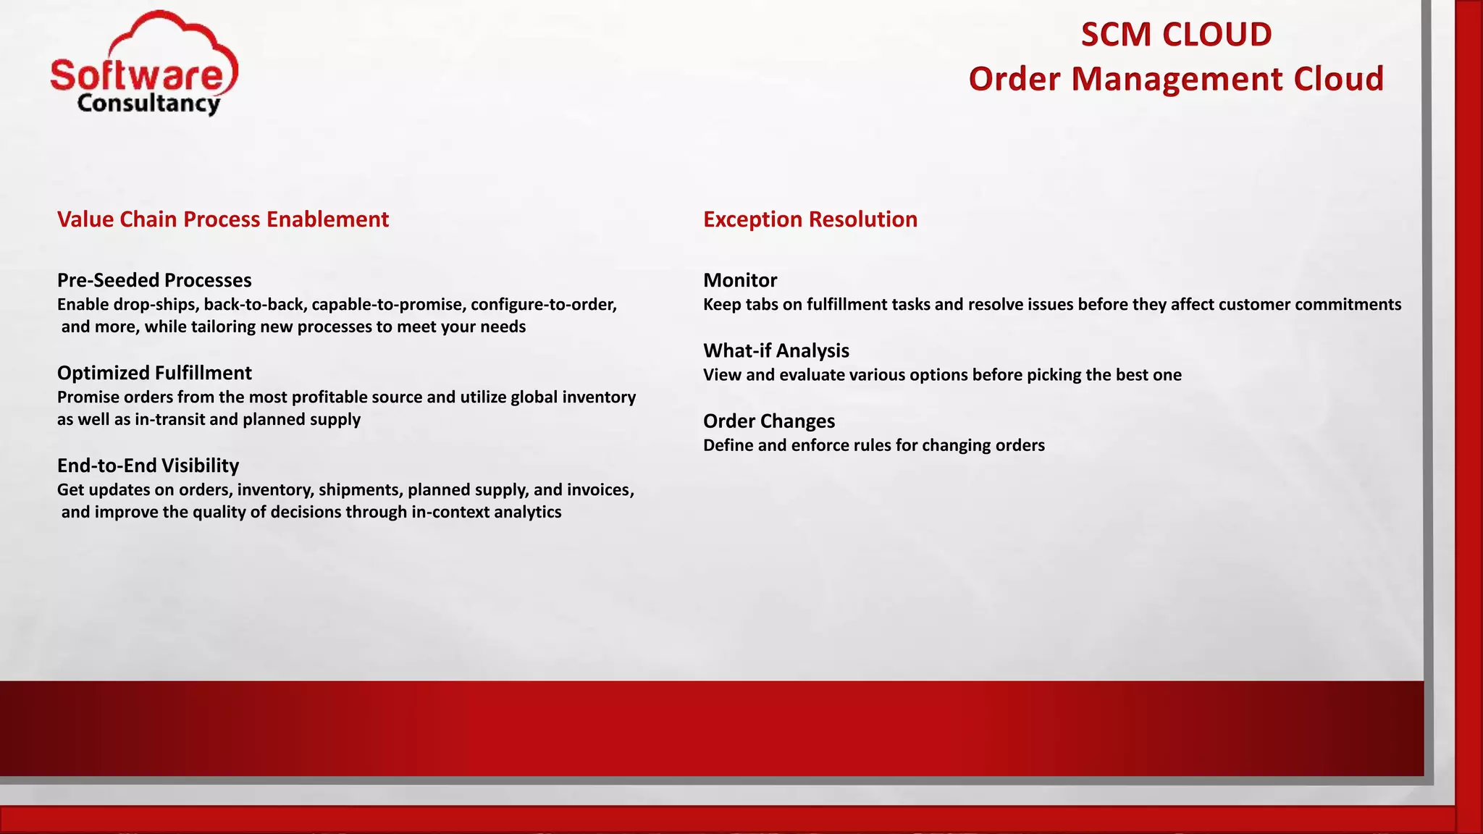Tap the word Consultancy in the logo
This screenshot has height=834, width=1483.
tap(148, 104)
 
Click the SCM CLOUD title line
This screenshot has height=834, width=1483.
tap(1176, 35)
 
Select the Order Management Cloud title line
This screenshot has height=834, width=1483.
tap(1176, 79)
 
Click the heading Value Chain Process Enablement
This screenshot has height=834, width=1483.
tap(223, 219)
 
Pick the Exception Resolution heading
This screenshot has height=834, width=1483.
tap(810, 219)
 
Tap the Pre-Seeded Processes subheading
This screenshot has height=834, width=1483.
tap(154, 280)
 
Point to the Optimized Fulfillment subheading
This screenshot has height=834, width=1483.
tap(154, 373)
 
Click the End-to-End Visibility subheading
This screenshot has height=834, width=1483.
tap(148, 466)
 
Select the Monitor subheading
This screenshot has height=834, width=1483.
tap(740, 280)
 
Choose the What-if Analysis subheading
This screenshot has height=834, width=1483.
tap(776, 350)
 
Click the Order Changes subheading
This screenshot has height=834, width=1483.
tap(769, 421)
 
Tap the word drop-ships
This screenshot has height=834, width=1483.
tap(156, 305)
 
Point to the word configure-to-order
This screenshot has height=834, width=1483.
tap(543, 305)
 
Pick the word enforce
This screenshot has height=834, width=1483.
tap(818, 445)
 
